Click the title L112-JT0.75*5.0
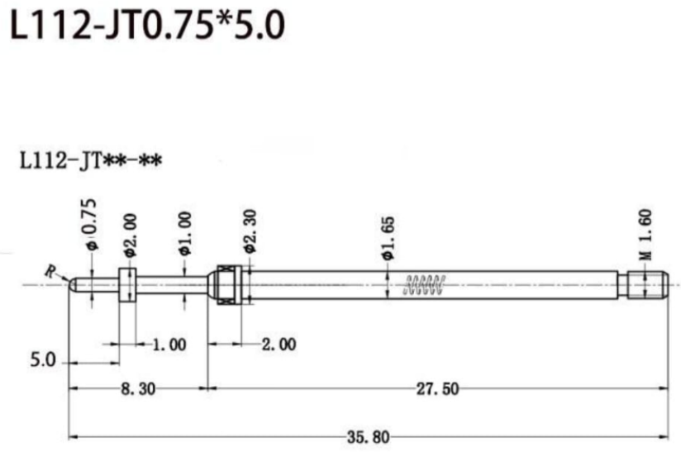pos(147,25)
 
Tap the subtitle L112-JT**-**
pos(91,161)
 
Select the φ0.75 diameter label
pos(91,225)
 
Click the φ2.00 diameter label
pos(130,235)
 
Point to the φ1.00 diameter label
pos(184,233)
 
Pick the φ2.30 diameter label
pos(250,231)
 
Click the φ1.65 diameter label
pos(388,238)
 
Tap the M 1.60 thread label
pos(645,235)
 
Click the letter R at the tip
pos(50,272)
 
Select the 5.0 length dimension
pos(43,360)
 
